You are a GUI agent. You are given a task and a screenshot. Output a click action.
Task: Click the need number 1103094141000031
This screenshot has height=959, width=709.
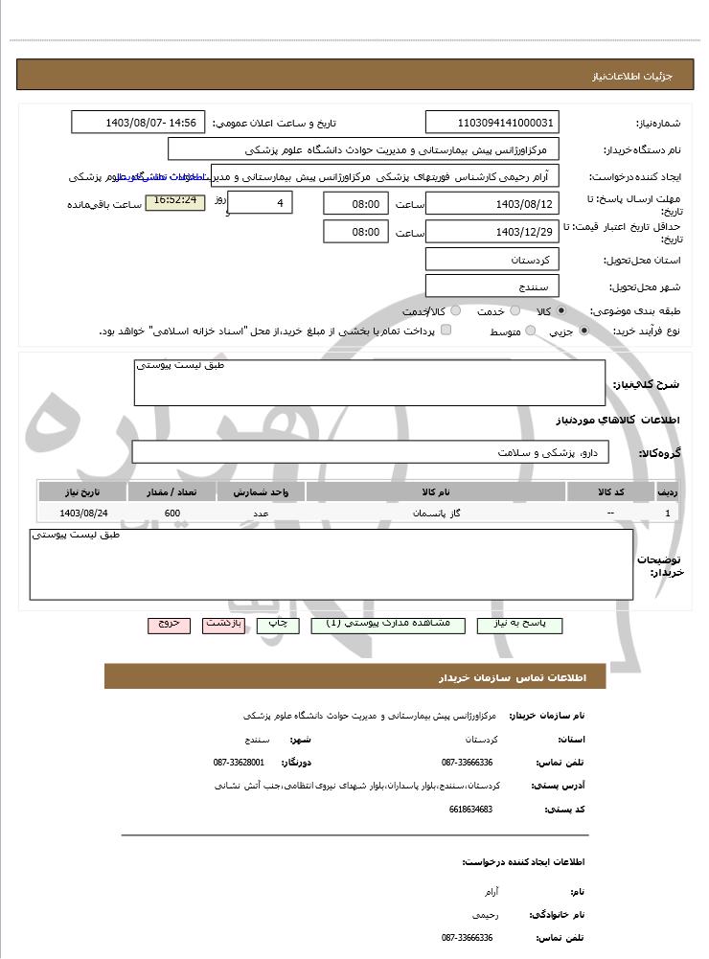pyautogui.click(x=492, y=123)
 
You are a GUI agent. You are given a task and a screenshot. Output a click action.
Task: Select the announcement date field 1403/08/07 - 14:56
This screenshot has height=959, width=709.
pyautogui.click(x=138, y=123)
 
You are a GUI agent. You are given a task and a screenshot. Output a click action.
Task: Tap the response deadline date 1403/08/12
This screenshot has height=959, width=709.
pyautogui.click(x=492, y=204)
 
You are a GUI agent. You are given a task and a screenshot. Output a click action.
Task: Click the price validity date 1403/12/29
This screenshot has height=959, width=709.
pyautogui.click(x=492, y=232)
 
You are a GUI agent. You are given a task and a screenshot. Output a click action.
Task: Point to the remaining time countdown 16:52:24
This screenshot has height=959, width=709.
pyautogui.click(x=174, y=201)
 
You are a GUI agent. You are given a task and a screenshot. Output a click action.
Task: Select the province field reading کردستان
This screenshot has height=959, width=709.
pyautogui.click(x=492, y=260)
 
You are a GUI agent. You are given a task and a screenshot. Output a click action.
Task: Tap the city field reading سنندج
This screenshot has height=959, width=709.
pyautogui.click(x=492, y=286)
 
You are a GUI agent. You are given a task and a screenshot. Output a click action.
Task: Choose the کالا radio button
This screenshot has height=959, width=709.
pyautogui.click(x=560, y=311)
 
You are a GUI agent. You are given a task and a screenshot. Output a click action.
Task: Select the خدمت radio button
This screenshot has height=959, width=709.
pyautogui.click(x=515, y=311)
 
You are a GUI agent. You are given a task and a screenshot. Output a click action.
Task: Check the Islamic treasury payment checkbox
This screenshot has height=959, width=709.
pyautogui.click(x=446, y=331)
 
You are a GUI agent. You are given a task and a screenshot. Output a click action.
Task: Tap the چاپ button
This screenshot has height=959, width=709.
pyautogui.click(x=278, y=625)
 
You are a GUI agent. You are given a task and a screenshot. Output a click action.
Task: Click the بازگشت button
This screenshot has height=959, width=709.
pyautogui.click(x=223, y=625)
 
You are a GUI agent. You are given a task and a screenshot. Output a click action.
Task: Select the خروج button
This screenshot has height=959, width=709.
pyautogui.click(x=170, y=625)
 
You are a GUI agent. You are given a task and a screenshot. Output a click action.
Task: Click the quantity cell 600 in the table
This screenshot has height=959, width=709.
pyautogui.click(x=172, y=514)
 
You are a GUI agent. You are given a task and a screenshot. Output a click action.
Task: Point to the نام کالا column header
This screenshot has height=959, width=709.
pyautogui.click(x=436, y=492)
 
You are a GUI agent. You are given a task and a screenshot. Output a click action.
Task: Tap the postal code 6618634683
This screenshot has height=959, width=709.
pyautogui.click(x=469, y=810)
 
